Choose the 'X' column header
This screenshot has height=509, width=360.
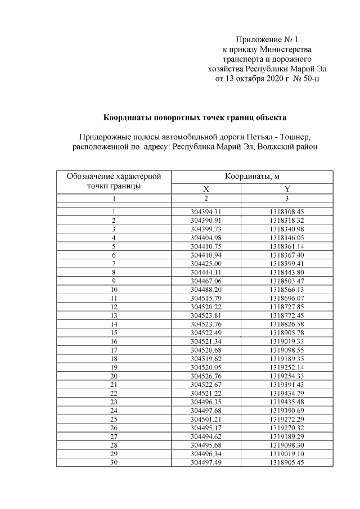(x=206, y=189)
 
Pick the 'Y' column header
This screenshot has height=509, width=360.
(x=286, y=189)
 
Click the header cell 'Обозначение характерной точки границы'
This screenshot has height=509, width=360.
(x=114, y=181)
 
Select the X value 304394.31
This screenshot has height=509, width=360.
(x=206, y=211)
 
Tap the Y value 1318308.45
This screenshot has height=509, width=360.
(x=286, y=211)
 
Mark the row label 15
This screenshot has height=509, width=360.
(x=114, y=332)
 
